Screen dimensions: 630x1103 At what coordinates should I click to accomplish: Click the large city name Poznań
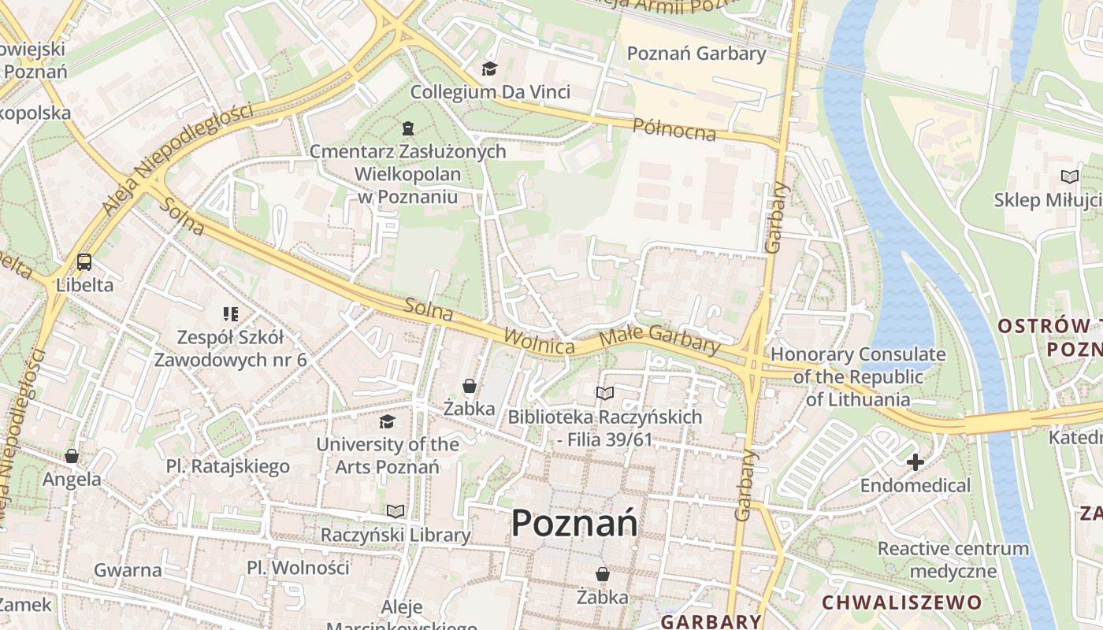[574, 523]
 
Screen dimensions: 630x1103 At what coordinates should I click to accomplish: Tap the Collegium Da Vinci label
[490, 92]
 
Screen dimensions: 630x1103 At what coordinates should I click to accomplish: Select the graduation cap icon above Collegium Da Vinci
[489, 69]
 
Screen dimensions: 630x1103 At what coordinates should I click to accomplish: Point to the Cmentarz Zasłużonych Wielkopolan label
[407, 173]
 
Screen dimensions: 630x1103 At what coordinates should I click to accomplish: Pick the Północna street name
[675, 130]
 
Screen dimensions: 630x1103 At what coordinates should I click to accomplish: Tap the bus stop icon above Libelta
[84, 262]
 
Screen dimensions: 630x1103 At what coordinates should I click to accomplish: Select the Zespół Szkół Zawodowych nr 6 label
[230, 349]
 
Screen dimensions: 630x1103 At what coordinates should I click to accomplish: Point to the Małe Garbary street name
[659, 339]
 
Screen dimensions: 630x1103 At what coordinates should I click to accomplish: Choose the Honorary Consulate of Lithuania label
[857, 376]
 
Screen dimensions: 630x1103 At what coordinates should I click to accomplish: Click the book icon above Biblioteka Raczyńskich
[604, 393]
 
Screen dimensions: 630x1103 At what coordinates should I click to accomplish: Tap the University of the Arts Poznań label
[388, 455]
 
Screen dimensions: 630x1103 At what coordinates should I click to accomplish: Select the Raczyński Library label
[396, 535]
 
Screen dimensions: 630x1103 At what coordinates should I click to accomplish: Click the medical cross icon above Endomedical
[915, 462]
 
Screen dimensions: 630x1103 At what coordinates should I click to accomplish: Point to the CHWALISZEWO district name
[902, 603]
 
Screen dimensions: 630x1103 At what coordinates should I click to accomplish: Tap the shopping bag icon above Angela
[72, 456]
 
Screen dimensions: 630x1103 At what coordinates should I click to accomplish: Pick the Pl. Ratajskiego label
[228, 467]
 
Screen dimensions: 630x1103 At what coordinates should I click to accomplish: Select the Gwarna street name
[128, 570]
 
